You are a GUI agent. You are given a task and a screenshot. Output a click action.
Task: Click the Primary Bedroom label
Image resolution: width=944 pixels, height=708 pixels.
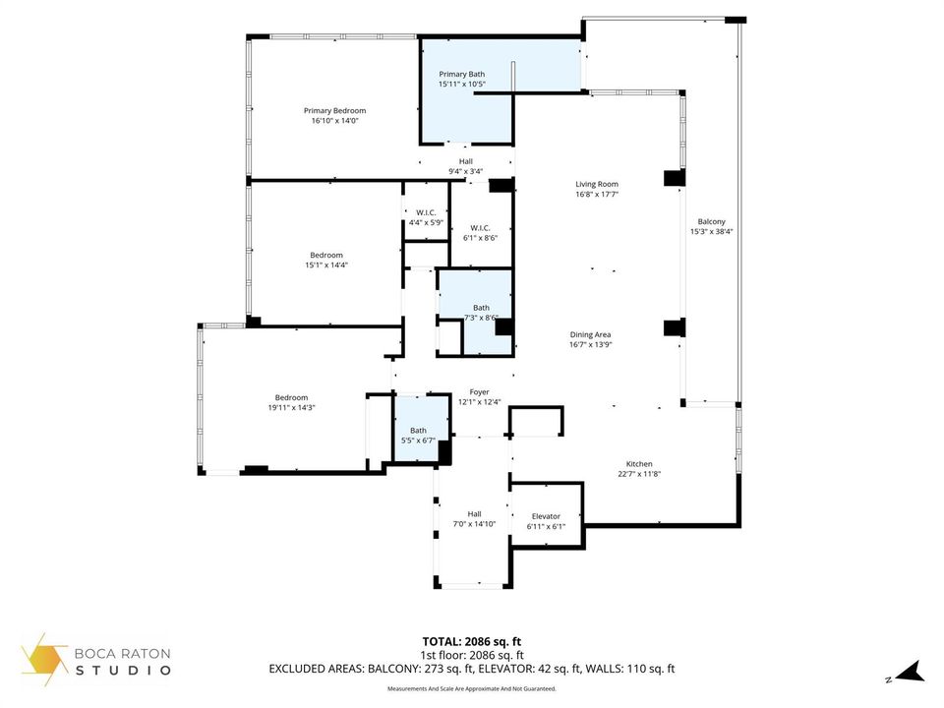coord(334,111)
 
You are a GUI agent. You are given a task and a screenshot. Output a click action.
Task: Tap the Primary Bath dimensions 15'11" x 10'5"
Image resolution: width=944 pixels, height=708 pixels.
coord(462,85)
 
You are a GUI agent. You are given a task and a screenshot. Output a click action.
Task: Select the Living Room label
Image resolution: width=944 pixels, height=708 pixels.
coord(597,184)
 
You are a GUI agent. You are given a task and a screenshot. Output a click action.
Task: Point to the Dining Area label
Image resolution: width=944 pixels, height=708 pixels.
coord(591,334)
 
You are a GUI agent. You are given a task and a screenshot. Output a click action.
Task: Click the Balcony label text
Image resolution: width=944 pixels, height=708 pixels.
coord(712,221)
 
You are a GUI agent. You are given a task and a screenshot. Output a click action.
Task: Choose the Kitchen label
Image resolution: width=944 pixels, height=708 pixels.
coord(639,464)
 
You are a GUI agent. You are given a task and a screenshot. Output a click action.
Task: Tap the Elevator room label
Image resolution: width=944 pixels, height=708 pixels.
coord(546,516)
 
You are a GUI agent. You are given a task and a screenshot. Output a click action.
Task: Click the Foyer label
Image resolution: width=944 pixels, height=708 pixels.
coord(479,392)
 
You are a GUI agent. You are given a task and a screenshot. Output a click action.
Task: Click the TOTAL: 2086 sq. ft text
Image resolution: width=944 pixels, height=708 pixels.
coord(471,642)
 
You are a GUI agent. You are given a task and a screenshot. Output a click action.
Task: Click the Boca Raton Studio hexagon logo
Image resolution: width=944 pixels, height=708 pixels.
coord(44,659)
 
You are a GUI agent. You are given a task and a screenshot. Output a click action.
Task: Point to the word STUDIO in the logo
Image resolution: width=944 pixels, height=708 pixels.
coord(123,670)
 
